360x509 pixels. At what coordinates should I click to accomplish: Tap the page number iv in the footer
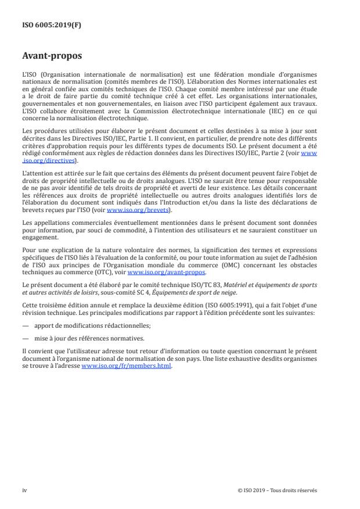click(24, 490)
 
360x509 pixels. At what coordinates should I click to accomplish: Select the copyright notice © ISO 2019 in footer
click(278, 490)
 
